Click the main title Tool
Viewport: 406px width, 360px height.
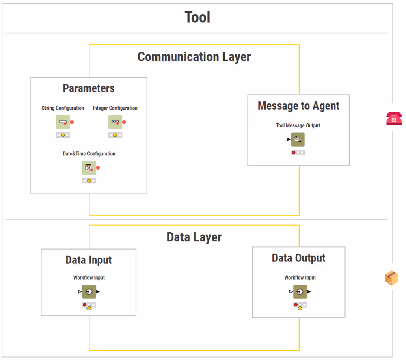click(x=197, y=17)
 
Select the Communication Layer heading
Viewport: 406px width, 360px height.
click(x=194, y=57)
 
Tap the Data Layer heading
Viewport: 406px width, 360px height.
click(x=194, y=237)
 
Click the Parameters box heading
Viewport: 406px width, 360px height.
click(x=89, y=88)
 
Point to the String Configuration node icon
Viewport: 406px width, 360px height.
click(x=63, y=122)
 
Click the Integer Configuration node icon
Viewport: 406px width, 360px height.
click(x=115, y=122)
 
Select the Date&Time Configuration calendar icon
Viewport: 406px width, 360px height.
click(x=89, y=168)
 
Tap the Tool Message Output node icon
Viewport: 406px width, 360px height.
click(x=298, y=139)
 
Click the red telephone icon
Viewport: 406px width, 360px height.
click(x=393, y=119)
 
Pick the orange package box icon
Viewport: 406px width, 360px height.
click(x=392, y=278)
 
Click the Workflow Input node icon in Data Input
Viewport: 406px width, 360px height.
click(x=89, y=291)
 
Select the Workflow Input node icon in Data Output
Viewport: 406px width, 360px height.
click(x=300, y=291)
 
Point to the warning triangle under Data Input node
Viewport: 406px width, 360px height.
click(x=89, y=307)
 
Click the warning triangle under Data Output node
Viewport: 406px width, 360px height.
click(x=300, y=307)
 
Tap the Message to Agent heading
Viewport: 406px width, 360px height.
click(x=298, y=106)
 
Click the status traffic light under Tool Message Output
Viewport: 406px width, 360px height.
click(x=298, y=153)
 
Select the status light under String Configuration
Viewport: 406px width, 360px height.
click(x=63, y=135)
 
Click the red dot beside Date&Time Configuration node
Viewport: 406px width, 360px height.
click(x=98, y=168)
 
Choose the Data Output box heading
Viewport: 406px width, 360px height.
click(x=298, y=258)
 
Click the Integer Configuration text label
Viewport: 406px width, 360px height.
click(x=115, y=108)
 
